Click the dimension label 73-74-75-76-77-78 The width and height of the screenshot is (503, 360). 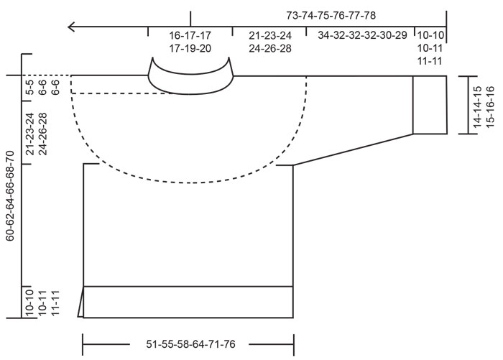click(321, 15)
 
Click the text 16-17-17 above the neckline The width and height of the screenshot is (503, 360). click(190, 34)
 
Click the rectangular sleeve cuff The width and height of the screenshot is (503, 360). click(430, 104)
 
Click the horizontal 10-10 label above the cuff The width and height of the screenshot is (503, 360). click(431, 34)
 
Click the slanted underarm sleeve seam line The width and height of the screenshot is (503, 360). click(352, 149)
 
